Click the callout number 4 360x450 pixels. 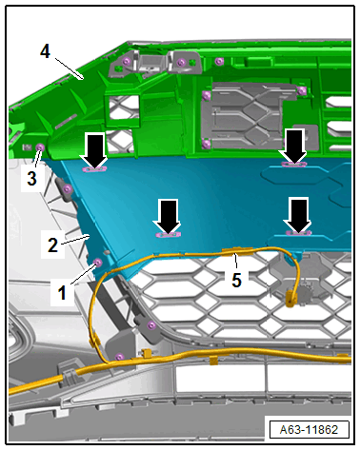point(45,51)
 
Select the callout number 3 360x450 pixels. point(31,178)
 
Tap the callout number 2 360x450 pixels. point(52,245)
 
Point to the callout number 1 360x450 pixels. point(62,292)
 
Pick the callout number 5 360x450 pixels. point(236,280)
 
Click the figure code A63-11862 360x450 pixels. point(309,430)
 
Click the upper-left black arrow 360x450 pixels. point(94,150)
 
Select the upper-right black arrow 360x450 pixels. point(294,147)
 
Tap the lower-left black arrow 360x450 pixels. point(168,217)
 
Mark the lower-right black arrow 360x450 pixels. point(297,215)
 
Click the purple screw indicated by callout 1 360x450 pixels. point(98,263)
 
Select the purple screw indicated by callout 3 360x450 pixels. point(40,147)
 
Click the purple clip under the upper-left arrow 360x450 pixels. point(94,169)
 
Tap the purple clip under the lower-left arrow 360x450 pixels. point(168,235)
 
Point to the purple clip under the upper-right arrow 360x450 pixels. point(294,165)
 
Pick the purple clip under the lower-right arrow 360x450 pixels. point(298,233)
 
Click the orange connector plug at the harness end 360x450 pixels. point(290,300)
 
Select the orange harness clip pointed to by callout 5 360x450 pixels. point(237,252)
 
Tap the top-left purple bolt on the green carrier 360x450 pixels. point(127,61)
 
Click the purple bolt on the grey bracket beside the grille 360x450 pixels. point(151,325)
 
